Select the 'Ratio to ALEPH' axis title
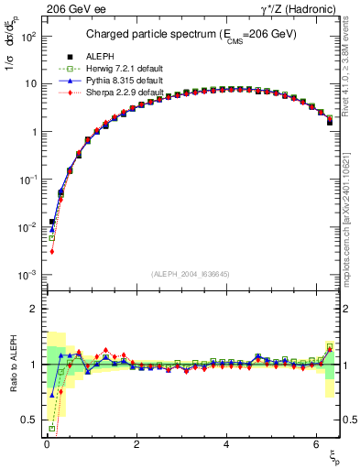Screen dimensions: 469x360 tap(11, 365)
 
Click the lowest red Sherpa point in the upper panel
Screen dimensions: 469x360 tap(52, 251)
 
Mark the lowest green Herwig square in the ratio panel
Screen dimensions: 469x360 tap(52, 428)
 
